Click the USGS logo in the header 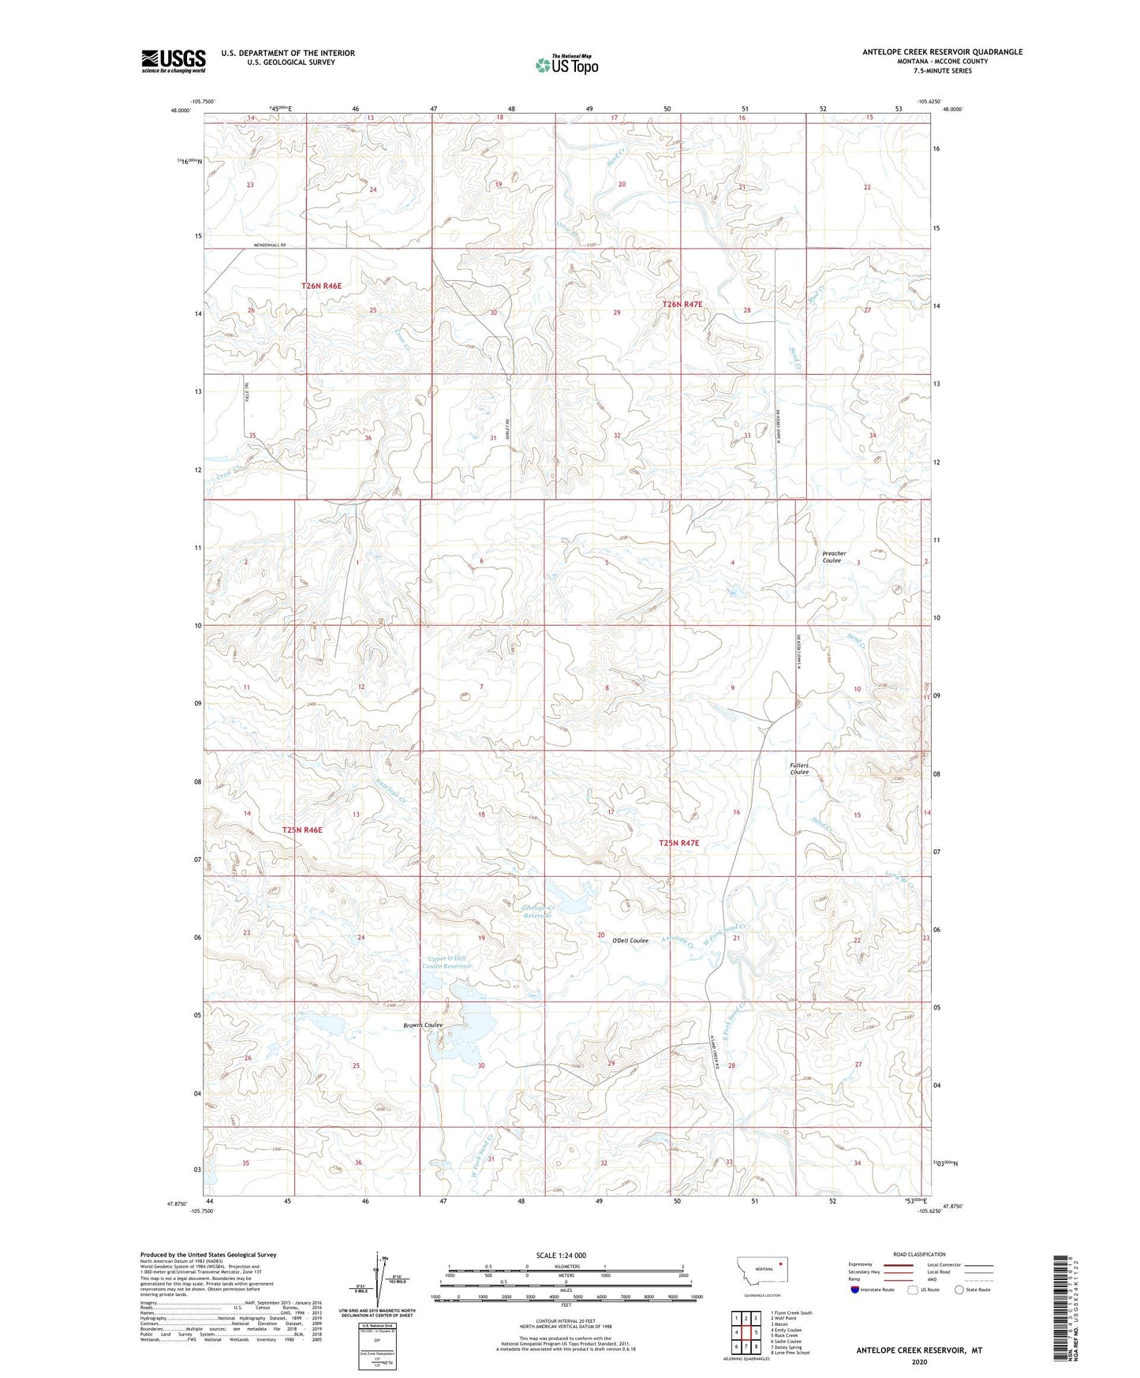click(x=173, y=61)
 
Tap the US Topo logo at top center click(x=566, y=65)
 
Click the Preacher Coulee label click(x=834, y=557)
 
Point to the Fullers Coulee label click(x=799, y=769)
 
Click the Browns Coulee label click(x=422, y=1025)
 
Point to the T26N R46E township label click(x=321, y=286)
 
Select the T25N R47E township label click(x=678, y=843)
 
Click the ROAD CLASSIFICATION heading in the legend click(x=919, y=1254)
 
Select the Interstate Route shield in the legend click(x=855, y=1290)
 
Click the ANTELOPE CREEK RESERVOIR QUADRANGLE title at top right click(x=942, y=52)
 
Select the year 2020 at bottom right click(x=918, y=1362)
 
